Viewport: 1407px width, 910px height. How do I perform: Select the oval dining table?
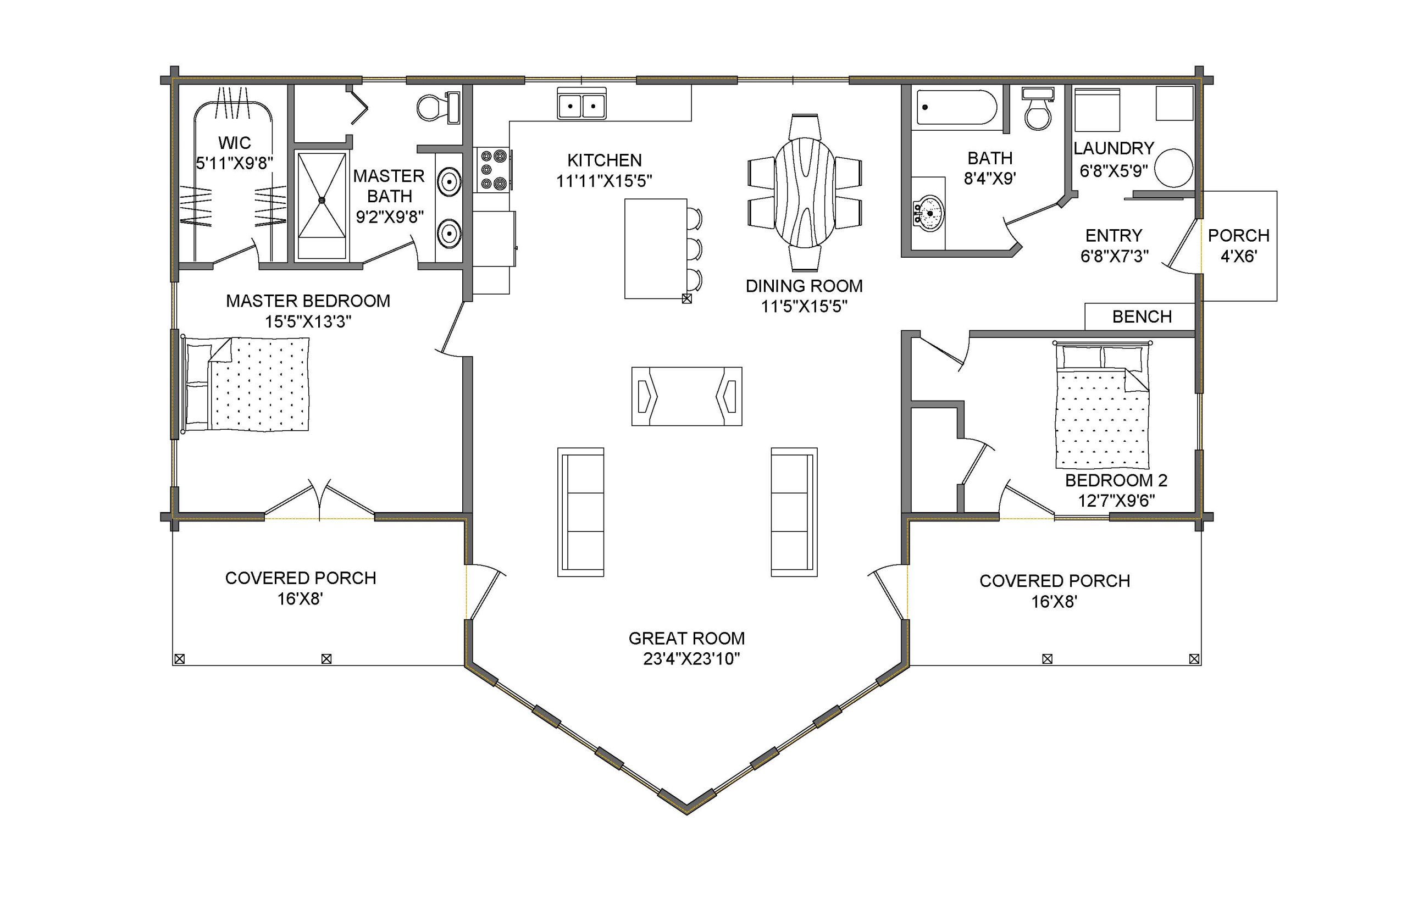pyautogui.click(x=805, y=192)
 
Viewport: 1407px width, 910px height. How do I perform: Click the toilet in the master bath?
pyautogui.click(x=438, y=108)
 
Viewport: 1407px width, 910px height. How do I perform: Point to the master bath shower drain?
pyautogui.click(x=322, y=201)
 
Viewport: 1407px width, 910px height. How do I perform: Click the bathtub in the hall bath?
pyautogui.click(x=955, y=107)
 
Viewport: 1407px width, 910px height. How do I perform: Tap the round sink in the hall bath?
pyautogui.click(x=928, y=213)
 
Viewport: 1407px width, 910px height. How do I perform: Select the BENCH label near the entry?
pyautogui.click(x=1142, y=317)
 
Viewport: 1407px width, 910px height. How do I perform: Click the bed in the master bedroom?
pyautogui.click(x=246, y=384)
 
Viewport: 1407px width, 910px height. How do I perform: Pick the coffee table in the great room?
pyautogui.click(x=686, y=396)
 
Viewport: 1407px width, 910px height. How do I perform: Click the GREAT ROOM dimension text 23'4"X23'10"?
pyautogui.click(x=691, y=658)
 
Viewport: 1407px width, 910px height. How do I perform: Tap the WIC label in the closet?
pyautogui.click(x=235, y=142)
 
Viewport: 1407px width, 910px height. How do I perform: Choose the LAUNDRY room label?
pyautogui.click(x=1114, y=148)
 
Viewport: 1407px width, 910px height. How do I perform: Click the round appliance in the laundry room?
pyautogui.click(x=1174, y=168)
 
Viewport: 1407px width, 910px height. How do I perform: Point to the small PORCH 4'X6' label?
pyautogui.click(x=1239, y=246)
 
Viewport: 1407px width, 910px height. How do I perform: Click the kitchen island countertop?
pyautogui.click(x=656, y=249)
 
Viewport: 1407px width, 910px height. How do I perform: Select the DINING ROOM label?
pyautogui.click(x=804, y=286)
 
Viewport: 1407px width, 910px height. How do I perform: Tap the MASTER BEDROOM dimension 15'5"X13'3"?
pyautogui.click(x=308, y=321)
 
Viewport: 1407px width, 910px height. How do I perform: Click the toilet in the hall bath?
pyautogui.click(x=1038, y=109)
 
